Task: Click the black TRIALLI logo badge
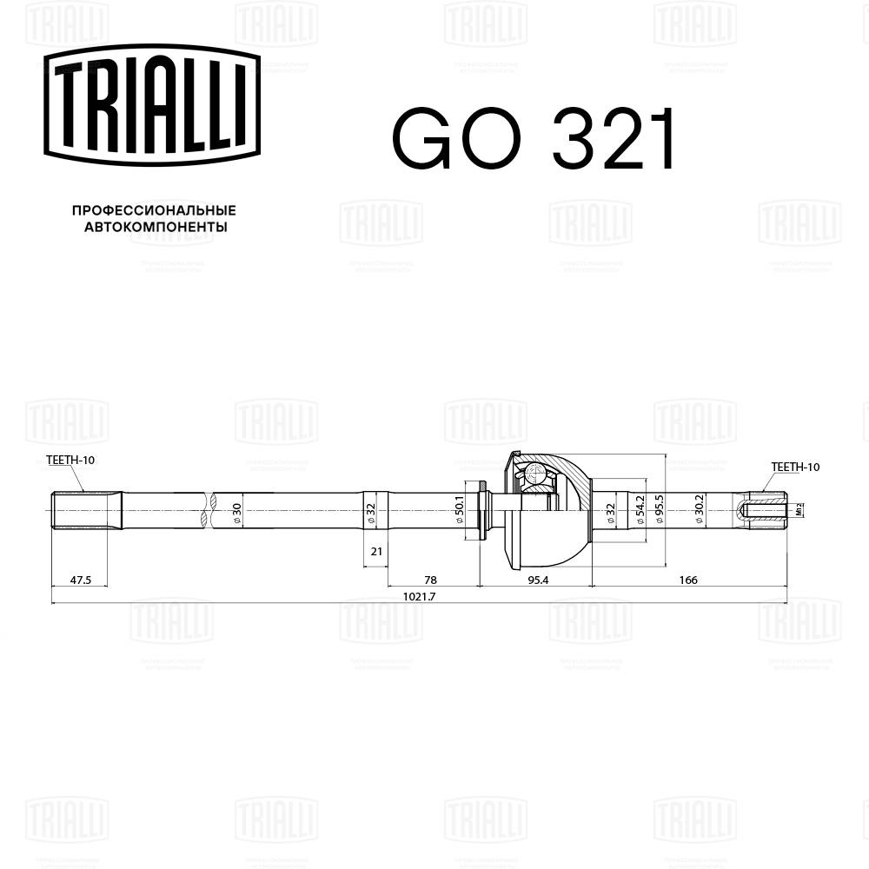pos(153,105)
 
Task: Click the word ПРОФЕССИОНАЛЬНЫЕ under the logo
pos(154,210)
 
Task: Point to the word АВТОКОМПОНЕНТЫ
pos(156,228)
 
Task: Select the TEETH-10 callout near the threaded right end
pos(795,468)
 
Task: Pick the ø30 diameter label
pos(236,512)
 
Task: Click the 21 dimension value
pos(376,551)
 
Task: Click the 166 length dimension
pos(688,579)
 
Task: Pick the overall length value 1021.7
pos(420,596)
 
